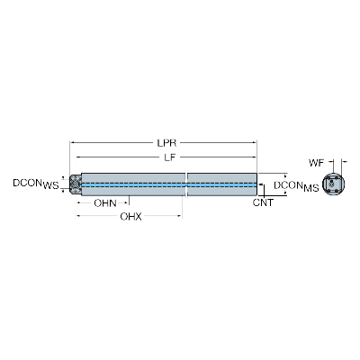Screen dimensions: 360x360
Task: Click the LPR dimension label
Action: (x=166, y=143)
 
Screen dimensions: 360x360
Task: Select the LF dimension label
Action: (x=169, y=157)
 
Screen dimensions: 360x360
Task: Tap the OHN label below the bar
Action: (x=105, y=203)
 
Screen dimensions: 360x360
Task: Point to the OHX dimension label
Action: (x=130, y=216)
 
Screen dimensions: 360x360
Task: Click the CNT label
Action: (x=263, y=202)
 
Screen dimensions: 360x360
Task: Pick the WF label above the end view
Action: (x=317, y=163)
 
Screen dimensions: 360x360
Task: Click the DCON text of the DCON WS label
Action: (x=27, y=183)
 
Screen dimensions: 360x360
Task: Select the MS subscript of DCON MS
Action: (x=311, y=188)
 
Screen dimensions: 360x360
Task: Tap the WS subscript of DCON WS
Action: (x=50, y=186)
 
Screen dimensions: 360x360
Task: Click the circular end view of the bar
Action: (x=333, y=184)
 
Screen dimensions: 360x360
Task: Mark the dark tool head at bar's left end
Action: (x=76, y=184)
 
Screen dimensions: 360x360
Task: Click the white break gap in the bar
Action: (x=186, y=184)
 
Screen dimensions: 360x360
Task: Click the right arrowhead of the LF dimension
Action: (x=255, y=157)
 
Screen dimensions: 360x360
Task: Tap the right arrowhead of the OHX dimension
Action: (x=180, y=216)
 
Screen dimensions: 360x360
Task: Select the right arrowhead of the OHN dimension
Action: (x=127, y=203)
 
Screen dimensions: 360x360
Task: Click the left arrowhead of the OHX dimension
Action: (x=78, y=216)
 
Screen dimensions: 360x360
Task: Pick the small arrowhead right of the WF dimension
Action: (x=344, y=162)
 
